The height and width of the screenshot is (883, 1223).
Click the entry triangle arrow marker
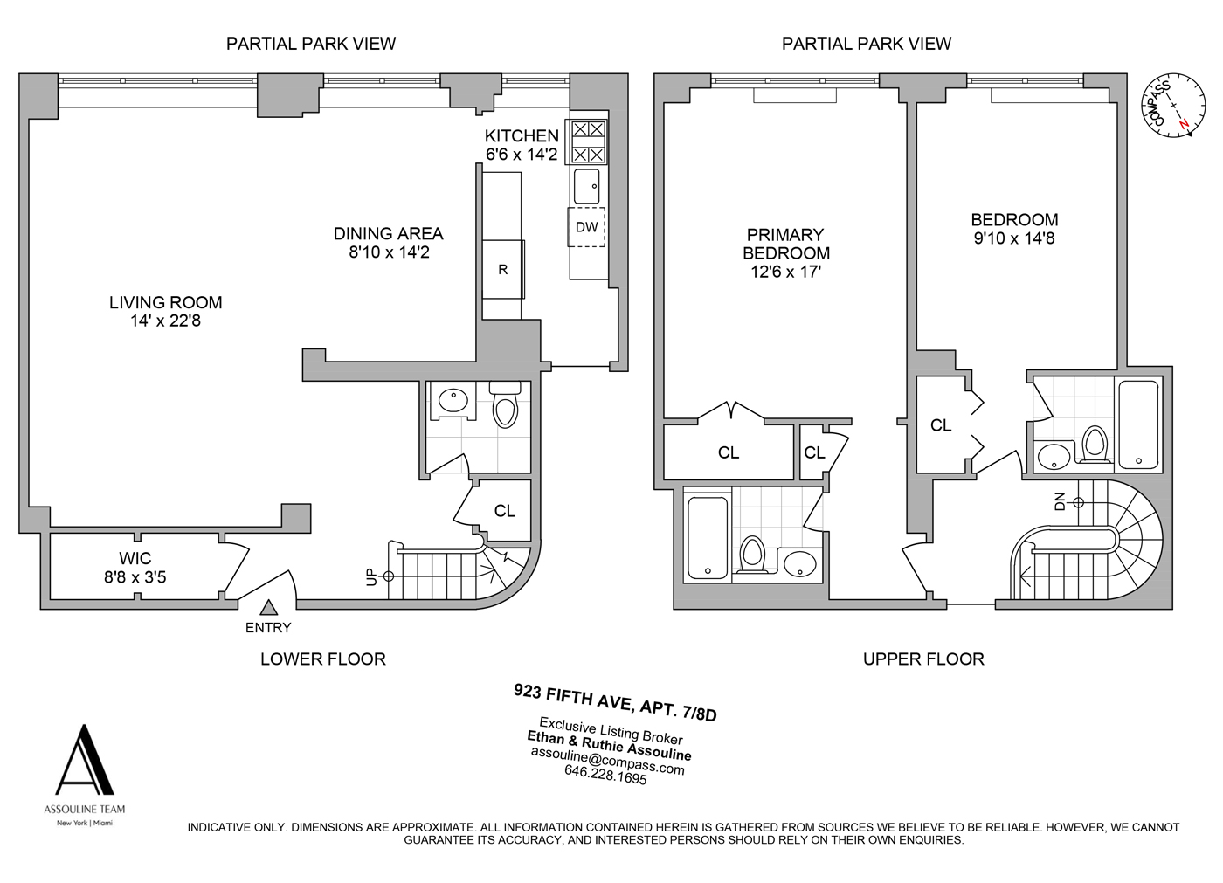[268, 608]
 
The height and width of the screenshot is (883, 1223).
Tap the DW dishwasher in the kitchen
[587, 227]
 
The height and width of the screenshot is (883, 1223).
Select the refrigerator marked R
[503, 269]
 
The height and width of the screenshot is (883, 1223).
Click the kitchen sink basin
[587, 187]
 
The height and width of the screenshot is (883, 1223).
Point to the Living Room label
[165, 302]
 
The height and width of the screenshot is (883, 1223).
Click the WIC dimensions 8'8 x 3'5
[135, 576]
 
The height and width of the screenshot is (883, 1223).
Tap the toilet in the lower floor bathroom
[505, 405]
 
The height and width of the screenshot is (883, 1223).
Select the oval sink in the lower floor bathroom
[453, 400]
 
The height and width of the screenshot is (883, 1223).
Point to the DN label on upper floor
[1060, 501]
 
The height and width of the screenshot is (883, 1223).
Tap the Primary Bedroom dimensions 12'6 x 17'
[785, 272]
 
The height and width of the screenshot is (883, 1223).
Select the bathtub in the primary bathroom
[708, 537]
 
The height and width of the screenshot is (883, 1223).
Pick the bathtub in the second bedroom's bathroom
[1138, 424]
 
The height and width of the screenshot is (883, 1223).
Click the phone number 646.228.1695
[605, 777]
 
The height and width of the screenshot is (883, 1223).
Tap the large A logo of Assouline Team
[85, 760]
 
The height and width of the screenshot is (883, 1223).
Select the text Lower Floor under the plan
[323, 659]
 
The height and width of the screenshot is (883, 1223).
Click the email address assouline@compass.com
[607, 762]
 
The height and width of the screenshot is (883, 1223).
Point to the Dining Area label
[388, 233]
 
